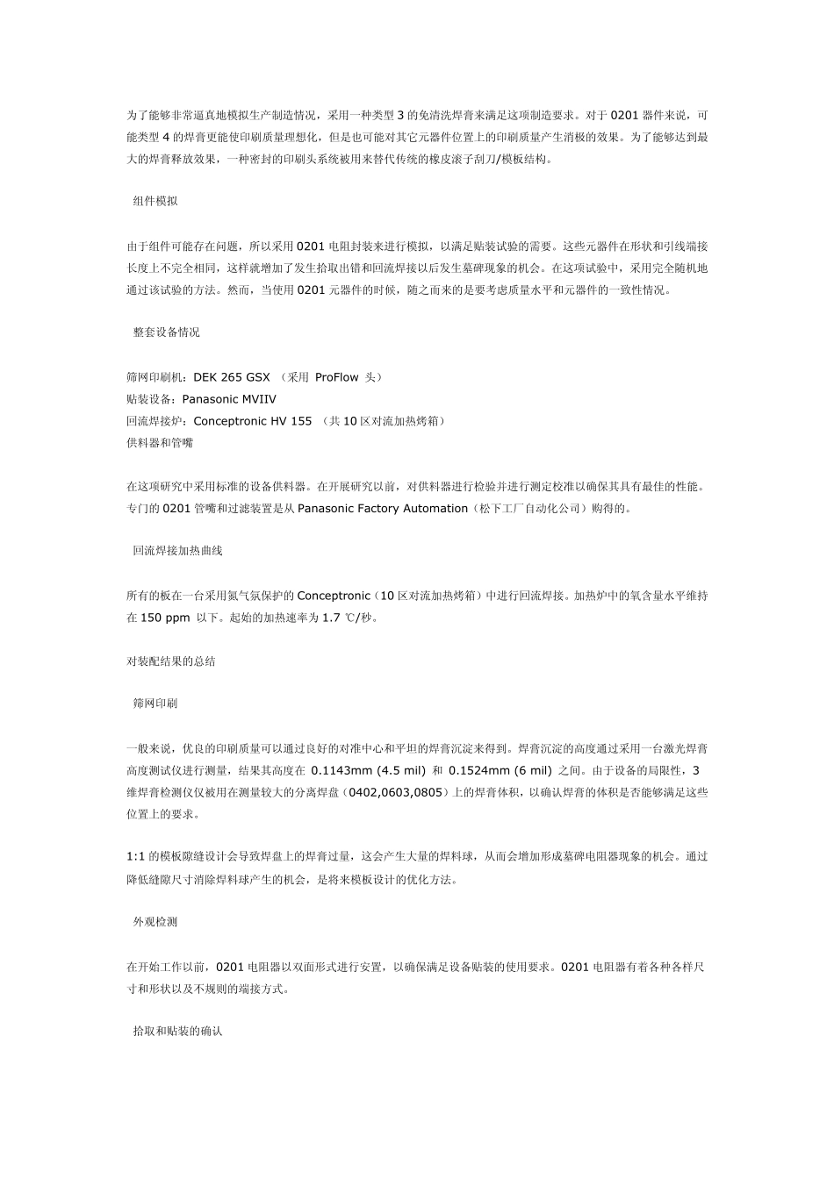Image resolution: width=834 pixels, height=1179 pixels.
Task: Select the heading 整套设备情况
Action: coord(166,332)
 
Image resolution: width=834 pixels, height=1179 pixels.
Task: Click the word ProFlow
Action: coord(336,377)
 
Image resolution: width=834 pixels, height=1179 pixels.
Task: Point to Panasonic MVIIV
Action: coord(229,399)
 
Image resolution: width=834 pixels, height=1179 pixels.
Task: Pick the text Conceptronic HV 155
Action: coord(253,421)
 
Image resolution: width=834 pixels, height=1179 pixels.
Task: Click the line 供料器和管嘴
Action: coord(160,443)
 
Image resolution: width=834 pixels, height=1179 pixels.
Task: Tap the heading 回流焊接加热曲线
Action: coord(177,551)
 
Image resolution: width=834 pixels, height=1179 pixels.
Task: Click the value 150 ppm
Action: coord(165,618)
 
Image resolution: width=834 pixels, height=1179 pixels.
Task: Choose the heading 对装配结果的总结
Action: coord(171,661)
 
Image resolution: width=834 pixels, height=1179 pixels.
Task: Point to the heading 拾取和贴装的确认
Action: coord(177,1031)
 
